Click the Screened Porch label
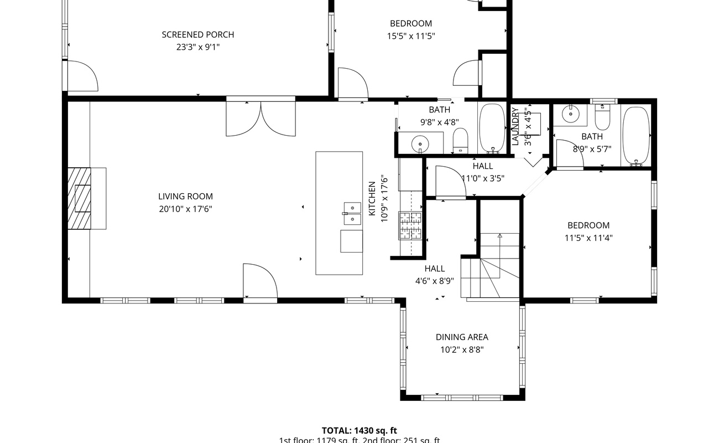click(197, 35)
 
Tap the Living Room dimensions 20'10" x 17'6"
click(185, 209)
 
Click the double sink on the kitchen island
click(351, 213)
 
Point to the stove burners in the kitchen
click(410, 225)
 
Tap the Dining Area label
click(462, 337)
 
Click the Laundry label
click(515, 126)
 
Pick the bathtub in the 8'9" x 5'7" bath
click(635, 136)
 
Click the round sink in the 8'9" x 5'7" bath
click(570, 114)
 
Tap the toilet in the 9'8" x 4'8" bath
click(460, 140)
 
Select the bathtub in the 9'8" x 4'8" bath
click(491, 127)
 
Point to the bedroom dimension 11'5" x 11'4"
click(588, 238)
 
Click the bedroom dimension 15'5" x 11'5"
click(411, 37)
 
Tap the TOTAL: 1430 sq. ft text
click(359, 430)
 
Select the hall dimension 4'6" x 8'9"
click(435, 281)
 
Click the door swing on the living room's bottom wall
click(259, 282)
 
